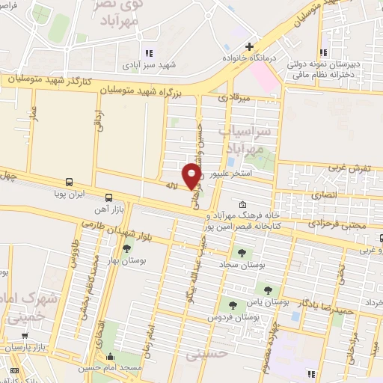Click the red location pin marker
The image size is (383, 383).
[193, 174]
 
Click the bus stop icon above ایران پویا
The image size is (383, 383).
[69, 182]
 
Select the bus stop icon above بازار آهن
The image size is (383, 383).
[109, 198]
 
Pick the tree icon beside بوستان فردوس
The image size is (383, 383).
[233, 305]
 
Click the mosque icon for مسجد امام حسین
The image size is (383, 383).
[111, 357]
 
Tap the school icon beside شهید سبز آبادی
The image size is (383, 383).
[147, 52]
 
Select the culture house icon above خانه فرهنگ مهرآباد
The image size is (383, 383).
[243, 205]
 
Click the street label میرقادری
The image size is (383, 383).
[232, 97]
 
